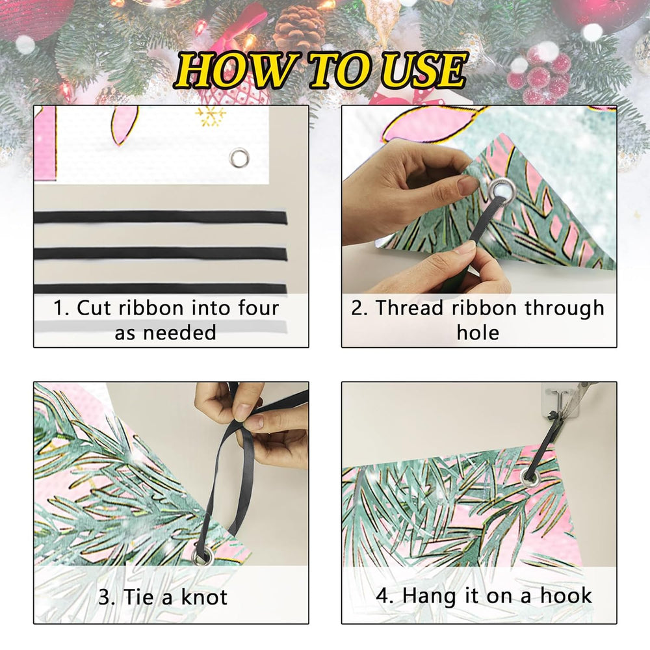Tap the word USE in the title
pos(423,70)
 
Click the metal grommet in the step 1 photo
pos(239,157)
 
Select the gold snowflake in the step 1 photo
pos(210,116)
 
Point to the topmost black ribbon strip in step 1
pos(161,217)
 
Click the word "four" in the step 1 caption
pos(258,308)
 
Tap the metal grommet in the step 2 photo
pos(501,190)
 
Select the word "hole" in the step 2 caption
pos(478,332)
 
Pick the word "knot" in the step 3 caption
pos(204,597)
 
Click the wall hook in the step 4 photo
pos(560,399)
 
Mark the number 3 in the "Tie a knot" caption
pos(105,597)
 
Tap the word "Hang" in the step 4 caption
pos(426,597)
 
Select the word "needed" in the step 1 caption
pos(179,332)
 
